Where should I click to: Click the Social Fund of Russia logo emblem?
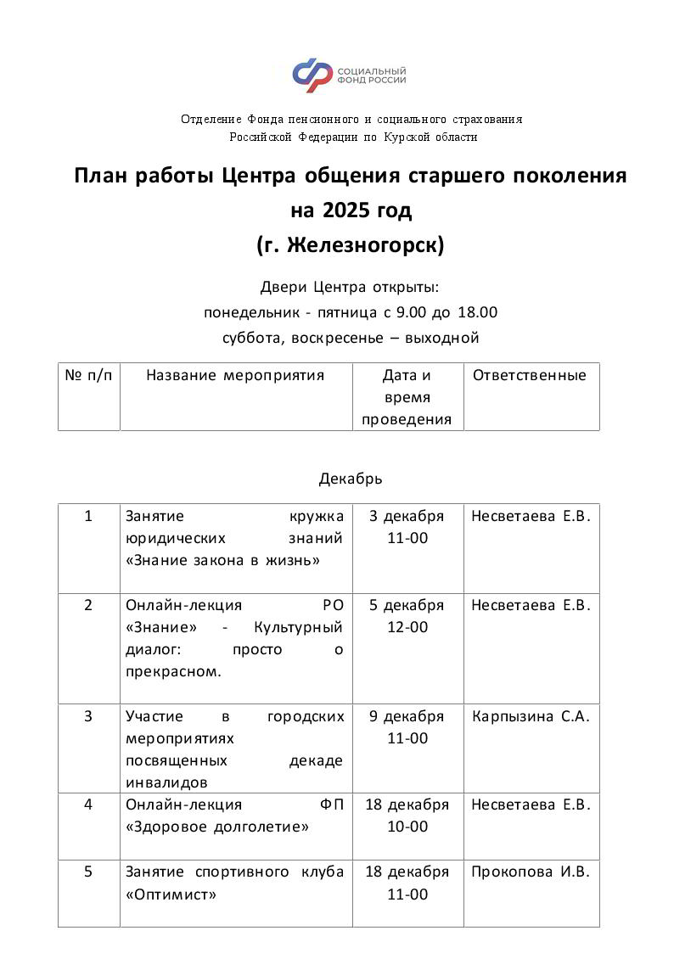312,76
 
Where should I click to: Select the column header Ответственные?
529,375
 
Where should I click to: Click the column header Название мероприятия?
235,375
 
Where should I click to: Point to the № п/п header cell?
88,375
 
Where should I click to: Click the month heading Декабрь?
351,479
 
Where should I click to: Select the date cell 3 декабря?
407,516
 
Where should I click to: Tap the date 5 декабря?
407,605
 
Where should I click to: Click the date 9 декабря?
407,716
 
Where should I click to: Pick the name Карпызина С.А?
531,716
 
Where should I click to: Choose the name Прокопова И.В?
531,872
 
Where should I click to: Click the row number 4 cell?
88,804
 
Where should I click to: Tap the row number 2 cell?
88,605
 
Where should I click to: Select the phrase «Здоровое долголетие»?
216,827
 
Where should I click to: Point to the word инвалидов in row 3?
166,782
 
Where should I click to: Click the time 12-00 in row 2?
407,627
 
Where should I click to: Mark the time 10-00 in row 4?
407,827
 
